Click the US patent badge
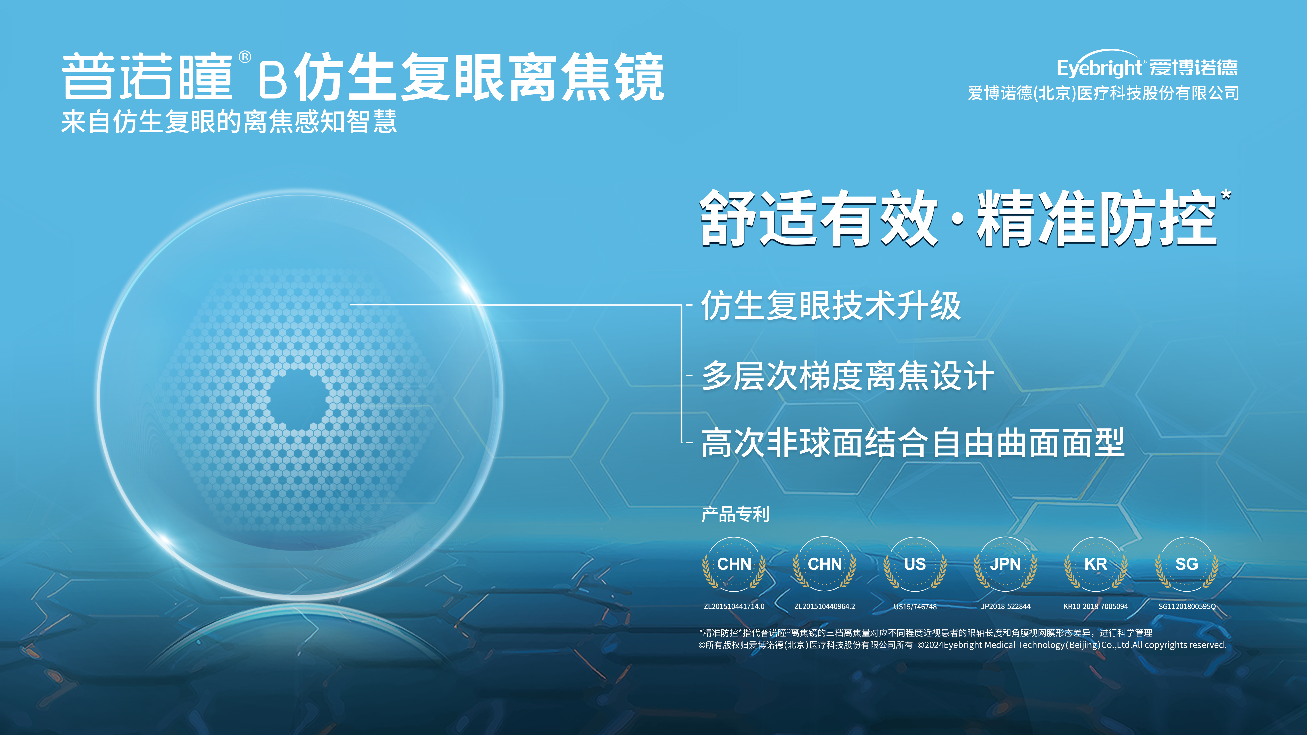[x=915, y=564]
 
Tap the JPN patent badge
[x=1005, y=564]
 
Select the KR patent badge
[x=1095, y=564]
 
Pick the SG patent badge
[x=1186, y=564]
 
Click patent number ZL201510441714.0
[x=734, y=606]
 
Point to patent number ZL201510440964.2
[x=825, y=606]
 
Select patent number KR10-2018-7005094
[x=1095, y=606]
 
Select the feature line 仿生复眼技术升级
[x=831, y=305]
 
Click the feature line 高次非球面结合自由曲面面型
[x=913, y=443]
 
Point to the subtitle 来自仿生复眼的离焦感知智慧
[x=229, y=122]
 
